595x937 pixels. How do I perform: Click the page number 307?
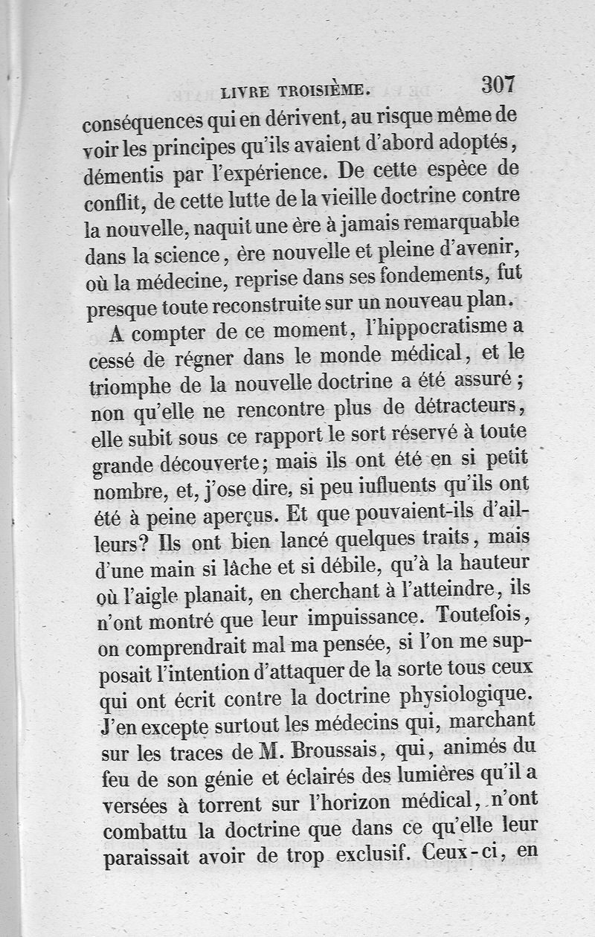[498, 84]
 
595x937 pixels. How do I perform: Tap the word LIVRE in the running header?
[248, 92]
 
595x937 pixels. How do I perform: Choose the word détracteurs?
[461, 408]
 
